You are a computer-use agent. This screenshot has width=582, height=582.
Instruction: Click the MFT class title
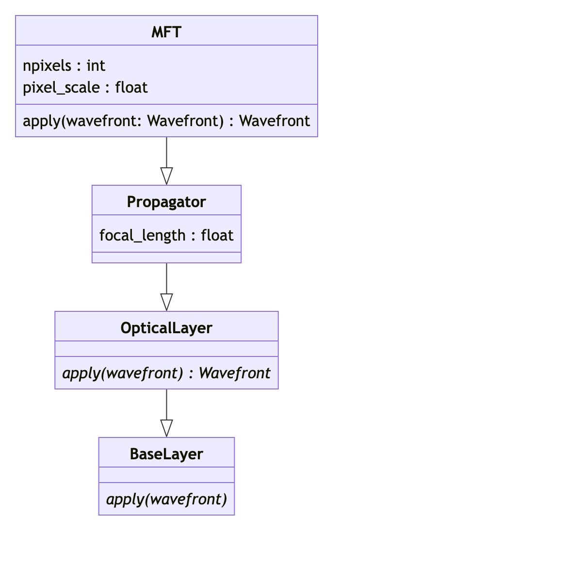pos(166,32)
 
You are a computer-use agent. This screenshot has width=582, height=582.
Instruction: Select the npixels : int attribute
pos(64,65)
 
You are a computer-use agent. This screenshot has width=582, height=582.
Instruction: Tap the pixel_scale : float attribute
pos(85,87)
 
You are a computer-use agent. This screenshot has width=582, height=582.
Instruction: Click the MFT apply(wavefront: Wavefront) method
pos(166,121)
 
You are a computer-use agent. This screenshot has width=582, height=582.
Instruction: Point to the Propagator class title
pos(166,202)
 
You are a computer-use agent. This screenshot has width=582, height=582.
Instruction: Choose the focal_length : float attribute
pos(166,235)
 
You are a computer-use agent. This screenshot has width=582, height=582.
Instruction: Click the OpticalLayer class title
pos(166,328)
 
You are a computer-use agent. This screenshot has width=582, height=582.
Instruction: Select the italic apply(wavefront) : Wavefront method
pos(166,373)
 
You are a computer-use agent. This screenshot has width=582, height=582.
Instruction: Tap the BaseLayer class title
pos(166,454)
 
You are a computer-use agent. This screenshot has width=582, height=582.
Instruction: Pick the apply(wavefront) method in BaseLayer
pos(166,499)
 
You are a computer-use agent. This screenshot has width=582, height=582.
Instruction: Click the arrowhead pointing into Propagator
pos(166,177)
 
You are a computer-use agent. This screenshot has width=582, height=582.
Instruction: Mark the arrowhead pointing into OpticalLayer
pos(166,303)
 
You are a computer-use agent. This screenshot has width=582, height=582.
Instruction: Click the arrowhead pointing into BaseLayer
pos(166,429)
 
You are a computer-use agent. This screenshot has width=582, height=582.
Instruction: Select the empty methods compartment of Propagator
pos(166,258)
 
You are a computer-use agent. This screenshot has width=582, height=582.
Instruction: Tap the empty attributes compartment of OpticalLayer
pos(166,349)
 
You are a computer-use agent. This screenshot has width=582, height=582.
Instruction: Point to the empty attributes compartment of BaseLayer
pos(166,475)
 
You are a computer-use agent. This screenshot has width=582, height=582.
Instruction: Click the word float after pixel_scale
pos(131,87)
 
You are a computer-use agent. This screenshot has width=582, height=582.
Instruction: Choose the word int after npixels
pos(96,65)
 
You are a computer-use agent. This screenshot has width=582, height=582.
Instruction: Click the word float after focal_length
pos(217,235)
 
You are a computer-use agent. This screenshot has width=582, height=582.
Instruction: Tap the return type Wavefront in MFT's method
pos(275,121)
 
